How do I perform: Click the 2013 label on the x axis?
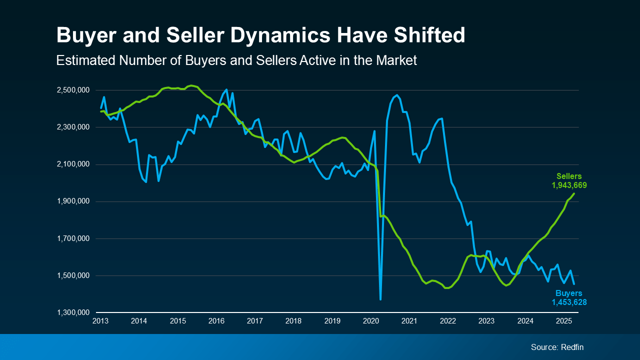click(x=100, y=320)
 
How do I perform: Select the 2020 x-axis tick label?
click(x=371, y=320)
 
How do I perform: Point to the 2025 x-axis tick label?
click(x=564, y=320)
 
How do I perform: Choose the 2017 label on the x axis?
click(x=255, y=320)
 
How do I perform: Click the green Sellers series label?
click(x=569, y=176)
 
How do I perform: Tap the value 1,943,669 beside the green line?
click(x=569, y=185)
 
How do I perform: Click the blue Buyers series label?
click(x=569, y=293)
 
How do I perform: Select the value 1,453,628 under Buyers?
click(x=569, y=302)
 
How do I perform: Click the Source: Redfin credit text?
click(x=557, y=347)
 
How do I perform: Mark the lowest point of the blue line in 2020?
click(x=380, y=299)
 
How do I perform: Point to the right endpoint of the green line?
click(x=574, y=193)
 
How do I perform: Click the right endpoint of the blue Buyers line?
click(x=574, y=284)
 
